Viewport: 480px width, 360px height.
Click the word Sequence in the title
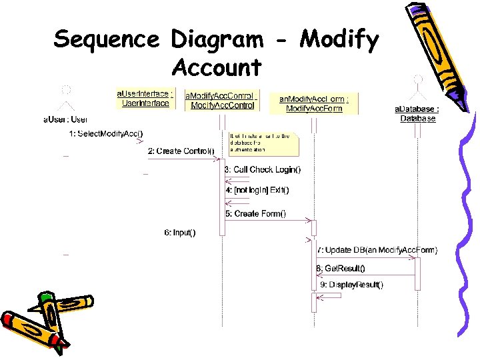point(106,40)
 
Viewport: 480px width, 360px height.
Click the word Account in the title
point(216,67)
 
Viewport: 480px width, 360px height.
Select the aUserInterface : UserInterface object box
point(145,99)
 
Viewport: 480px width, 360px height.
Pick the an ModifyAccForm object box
point(313,103)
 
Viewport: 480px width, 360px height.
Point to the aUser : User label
point(65,119)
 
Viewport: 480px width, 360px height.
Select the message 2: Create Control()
point(181,151)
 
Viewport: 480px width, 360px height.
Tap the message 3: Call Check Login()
point(262,170)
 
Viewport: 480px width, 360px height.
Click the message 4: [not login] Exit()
point(257,190)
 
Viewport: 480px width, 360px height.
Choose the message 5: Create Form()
point(255,213)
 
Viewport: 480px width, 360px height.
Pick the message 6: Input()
point(180,232)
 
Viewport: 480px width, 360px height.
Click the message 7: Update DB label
point(377,250)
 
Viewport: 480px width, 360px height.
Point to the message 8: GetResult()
point(341,268)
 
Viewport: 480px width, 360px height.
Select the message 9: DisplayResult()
point(351,285)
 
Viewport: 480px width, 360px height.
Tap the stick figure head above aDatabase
point(418,79)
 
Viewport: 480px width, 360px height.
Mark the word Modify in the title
point(339,40)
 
